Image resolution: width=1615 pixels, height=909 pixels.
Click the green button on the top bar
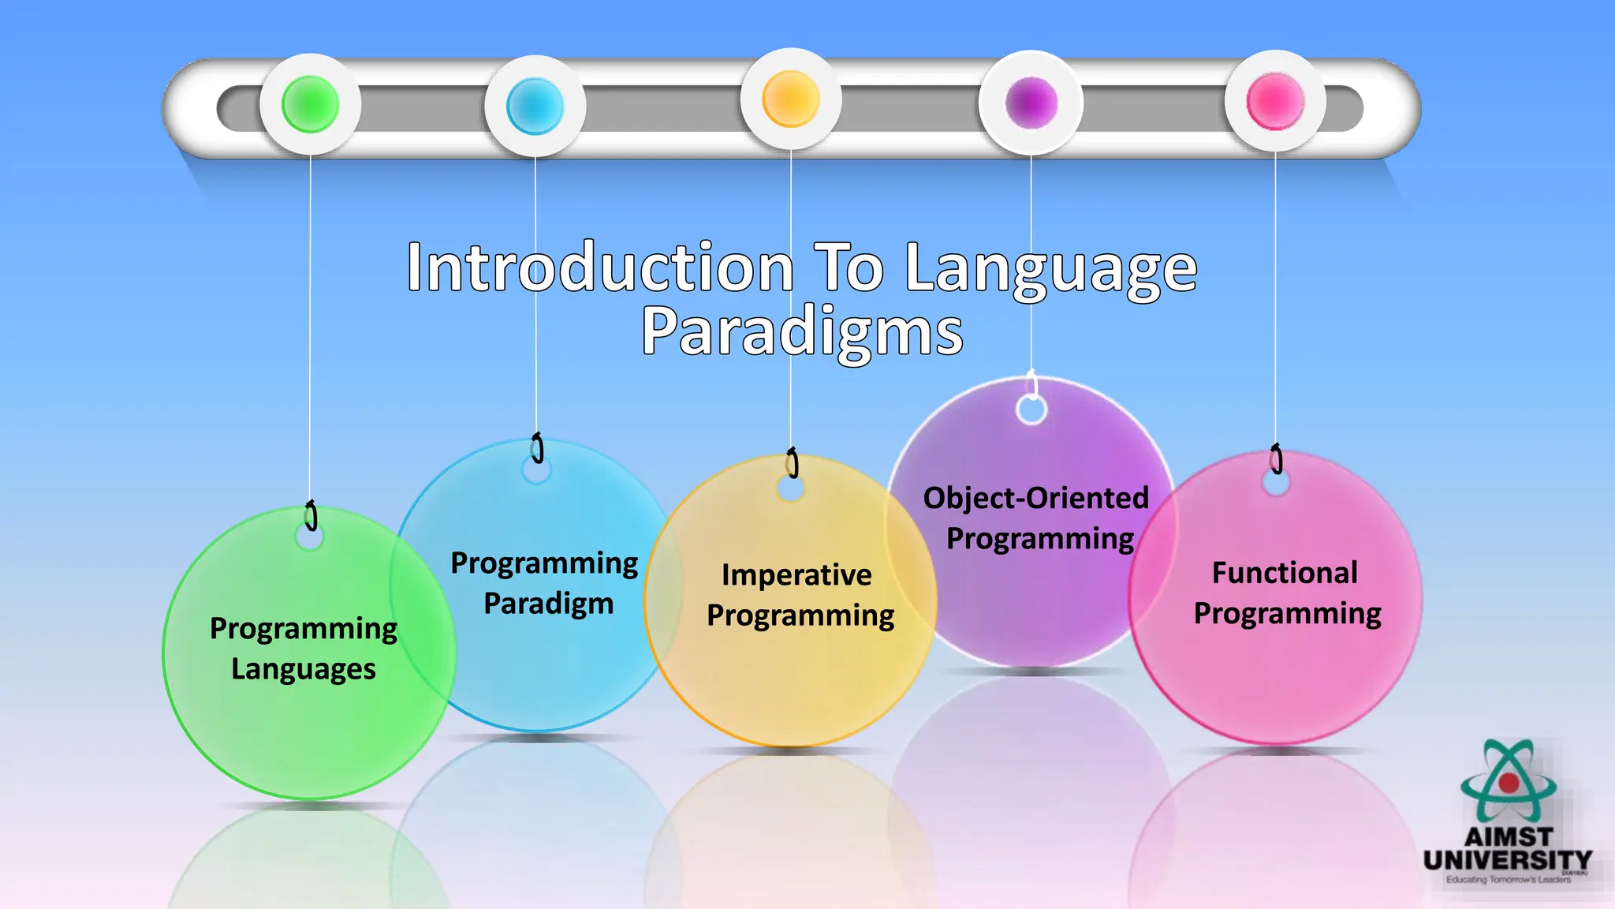[x=310, y=104]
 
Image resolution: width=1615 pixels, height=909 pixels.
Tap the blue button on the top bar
[x=535, y=106]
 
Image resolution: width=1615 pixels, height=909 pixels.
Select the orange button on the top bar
[x=790, y=99]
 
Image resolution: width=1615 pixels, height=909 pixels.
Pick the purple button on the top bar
[x=1031, y=103]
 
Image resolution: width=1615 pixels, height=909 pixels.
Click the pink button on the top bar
[x=1275, y=102]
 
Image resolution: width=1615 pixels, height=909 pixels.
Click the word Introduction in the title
[x=599, y=268]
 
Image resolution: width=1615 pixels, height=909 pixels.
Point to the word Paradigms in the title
[x=802, y=331]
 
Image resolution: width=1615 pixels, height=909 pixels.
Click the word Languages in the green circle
[x=304, y=669]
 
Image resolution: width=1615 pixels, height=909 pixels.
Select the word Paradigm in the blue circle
[x=548, y=604]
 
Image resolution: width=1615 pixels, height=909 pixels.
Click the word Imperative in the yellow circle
[x=796, y=575]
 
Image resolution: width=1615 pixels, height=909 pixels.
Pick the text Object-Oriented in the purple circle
[x=1035, y=498]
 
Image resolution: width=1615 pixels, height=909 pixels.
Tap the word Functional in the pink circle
[x=1285, y=573]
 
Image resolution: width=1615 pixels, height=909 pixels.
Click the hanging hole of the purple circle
[x=1031, y=410]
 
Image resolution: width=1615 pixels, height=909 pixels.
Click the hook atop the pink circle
[x=1276, y=458]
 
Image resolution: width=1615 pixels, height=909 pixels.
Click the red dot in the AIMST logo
[x=1509, y=783]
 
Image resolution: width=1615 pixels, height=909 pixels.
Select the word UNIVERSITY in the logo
[x=1508, y=860]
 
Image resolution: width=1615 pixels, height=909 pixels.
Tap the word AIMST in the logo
[x=1508, y=836]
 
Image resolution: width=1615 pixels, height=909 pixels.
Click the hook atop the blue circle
[x=537, y=447]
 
